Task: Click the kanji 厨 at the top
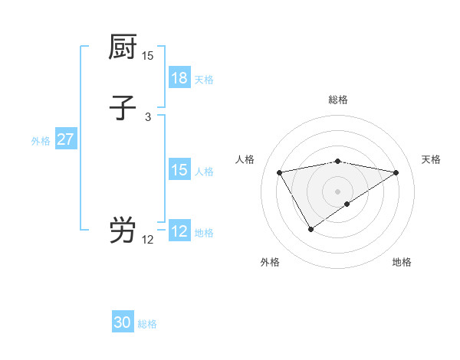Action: pyautogui.click(x=123, y=47)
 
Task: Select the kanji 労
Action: pyautogui.click(x=123, y=230)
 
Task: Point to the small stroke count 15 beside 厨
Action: pyautogui.click(x=148, y=56)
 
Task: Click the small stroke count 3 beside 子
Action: pyautogui.click(x=148, y=117)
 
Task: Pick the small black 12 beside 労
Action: pyautogui.click(x=148, y=240)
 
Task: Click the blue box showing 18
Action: pyautogui.click(x=179, y=78)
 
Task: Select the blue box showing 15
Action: pyautogui.click(x=179, y=170)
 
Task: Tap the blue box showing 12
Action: pyautogui.click(x=179, y=231)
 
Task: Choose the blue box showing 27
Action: pyautogui.click(x=66, y=139)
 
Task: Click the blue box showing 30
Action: pyautogui.click(x=123, y=322)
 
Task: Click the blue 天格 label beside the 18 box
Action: pyautogui.click(x=204, y=79)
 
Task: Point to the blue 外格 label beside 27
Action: pyautogui.click(x=41, y=140)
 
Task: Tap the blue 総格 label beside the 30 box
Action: pyautogui.click(x=147, y=324)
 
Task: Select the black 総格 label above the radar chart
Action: pyautogui.click(x=338, y=100)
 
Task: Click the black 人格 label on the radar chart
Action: pyautogui.click(x=245, y=159)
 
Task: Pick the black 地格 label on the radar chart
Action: pyautogui.click(x=402, y=262)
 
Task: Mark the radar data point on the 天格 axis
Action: pyautogui.click(x=396, y=172)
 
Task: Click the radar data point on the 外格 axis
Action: pyautogui.click(x=310, y=229)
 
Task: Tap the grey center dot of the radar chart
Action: pyautogui.click(x=338, y=191)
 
